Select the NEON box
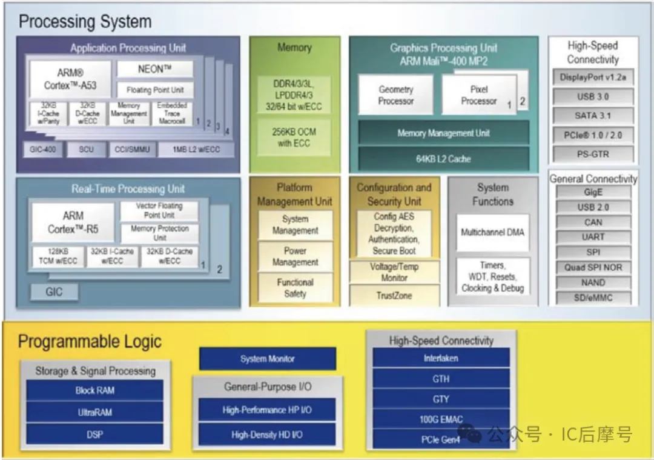coord(154,69)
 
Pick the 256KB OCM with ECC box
coord(295,138)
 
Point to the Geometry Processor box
coord(395,95)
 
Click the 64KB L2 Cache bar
coord(443,159)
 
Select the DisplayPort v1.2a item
coord(593,78)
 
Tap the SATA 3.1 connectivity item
coord(593,115)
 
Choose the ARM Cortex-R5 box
coord(73,222)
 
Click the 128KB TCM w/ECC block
coord(58,256)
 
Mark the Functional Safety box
coord(295,288)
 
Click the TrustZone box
coord(394,296)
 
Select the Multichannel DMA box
coord(492,232)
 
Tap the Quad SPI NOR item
coord(593,267)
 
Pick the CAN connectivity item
coord(593,222)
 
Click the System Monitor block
coord(267,359)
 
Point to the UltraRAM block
coord(94,412)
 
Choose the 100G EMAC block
coord(441,419)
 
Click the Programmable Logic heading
coord(90,341)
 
